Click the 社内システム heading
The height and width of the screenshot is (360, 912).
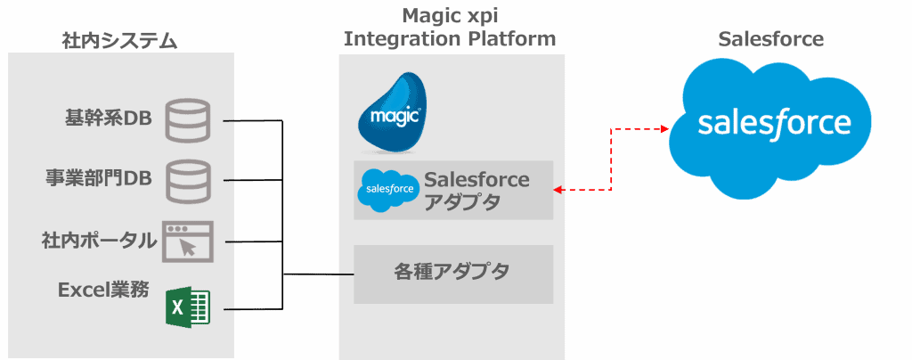(120, 40)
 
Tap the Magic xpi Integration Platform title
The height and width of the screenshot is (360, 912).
(450, 27)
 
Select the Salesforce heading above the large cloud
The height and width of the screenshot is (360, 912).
(770, 39)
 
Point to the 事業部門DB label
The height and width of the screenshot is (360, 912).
(99, 178)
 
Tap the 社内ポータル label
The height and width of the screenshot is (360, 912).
(99, 240)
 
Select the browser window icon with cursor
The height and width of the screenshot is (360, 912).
(188, 241)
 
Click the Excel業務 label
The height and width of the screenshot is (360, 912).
(103, 290)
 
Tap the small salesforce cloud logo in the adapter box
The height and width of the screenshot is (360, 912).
(389, 189)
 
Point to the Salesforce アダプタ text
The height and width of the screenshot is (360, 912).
(476, 191)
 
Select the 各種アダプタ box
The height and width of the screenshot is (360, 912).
(453, 274)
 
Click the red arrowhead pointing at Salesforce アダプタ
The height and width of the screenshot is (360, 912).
(558, 189)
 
